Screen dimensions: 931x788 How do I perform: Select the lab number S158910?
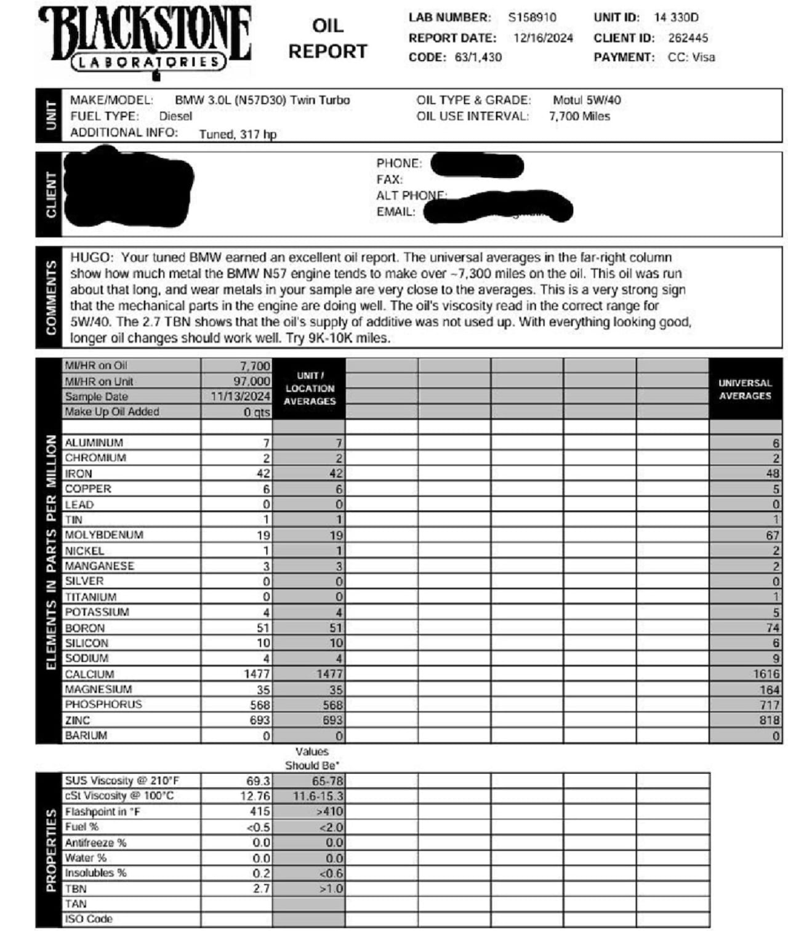coord(532,17)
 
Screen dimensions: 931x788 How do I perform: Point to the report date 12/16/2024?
coord(543,38)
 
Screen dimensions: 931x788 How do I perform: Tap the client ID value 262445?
coord(688,38)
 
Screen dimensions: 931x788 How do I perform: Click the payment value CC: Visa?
coord(691,57)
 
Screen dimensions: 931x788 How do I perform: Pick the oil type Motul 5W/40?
coord(587,100)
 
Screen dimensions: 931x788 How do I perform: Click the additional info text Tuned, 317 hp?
coord(238,134)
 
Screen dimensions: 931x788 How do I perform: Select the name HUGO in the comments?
coord(91,257)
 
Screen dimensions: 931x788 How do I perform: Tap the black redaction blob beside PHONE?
coord(477,165)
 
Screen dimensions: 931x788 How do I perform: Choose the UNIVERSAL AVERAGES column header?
coord(745,389)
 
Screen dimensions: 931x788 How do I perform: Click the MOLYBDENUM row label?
coord(104,535)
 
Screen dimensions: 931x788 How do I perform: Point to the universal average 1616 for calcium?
coord(766,674)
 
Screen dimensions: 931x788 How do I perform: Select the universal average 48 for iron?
coord(773,473)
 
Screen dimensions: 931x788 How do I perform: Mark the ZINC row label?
coord(78,720)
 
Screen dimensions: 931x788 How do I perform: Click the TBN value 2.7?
coord(261,889)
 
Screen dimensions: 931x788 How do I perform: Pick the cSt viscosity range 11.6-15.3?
coord(318,796)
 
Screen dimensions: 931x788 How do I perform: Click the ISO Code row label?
coord(89,919)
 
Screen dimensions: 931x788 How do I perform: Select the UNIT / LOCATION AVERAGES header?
coord(309,388)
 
